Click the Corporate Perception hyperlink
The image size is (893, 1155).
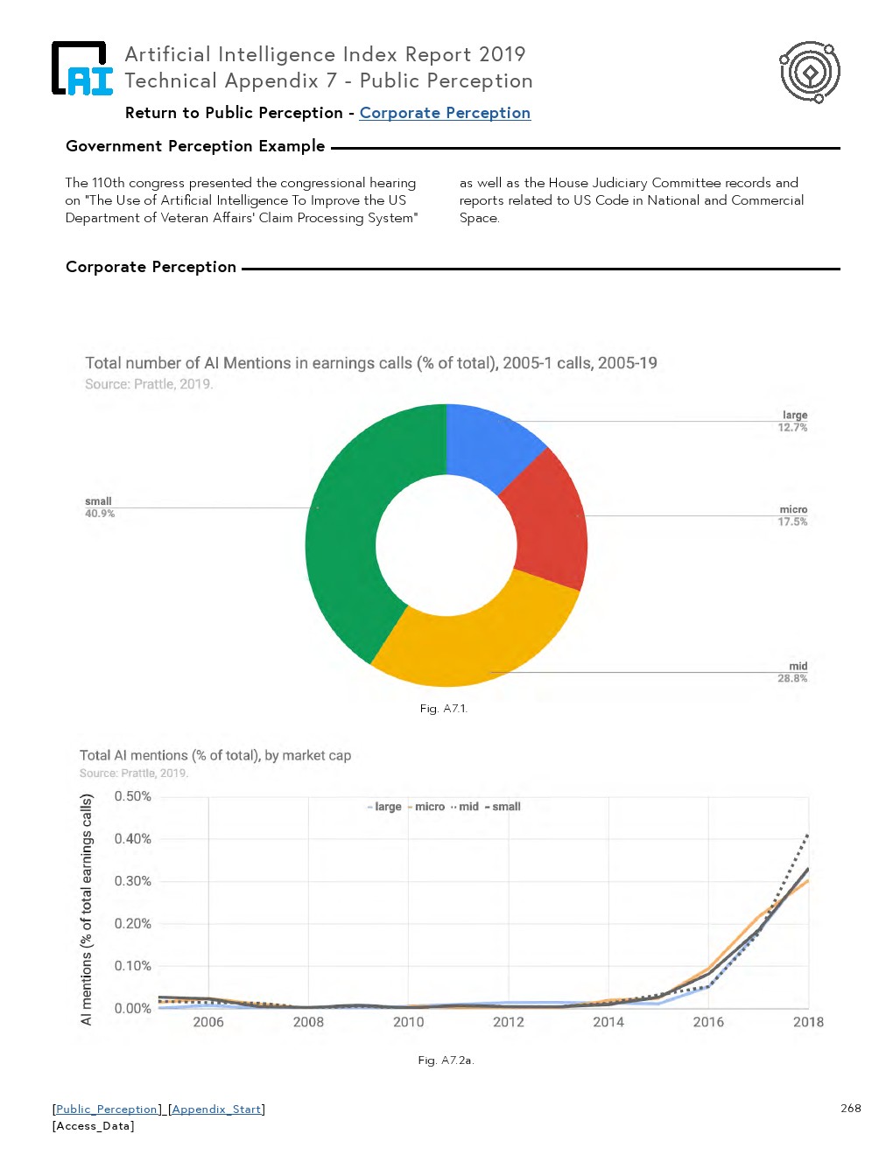point(445,113)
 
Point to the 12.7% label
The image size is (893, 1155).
point(792,428)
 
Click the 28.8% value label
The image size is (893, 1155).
point(792,678)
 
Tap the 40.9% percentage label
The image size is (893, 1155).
point(100,514)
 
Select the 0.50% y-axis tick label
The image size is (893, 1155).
point(133,796)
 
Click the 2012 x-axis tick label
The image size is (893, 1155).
point(509,1022)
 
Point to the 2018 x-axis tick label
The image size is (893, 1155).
point(808,1022)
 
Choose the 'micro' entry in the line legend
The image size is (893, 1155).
point(429,807)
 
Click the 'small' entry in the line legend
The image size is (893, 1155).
point(506,807)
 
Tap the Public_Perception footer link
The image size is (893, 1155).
point(108,1109)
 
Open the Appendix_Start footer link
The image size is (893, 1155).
point(217,1109)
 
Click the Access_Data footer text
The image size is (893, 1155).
point(94,1126)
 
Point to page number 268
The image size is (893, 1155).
point(850,1108)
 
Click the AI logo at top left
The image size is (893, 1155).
point(82,68)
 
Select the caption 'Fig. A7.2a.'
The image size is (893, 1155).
point(446,1060)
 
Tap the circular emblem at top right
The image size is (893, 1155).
point(810,72)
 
